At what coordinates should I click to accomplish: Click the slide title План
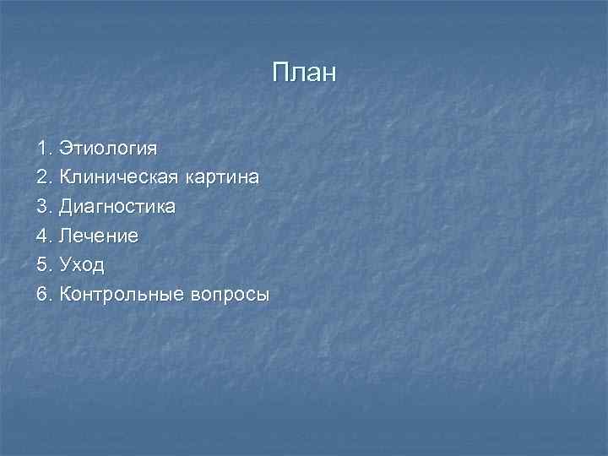[x=304, y=73]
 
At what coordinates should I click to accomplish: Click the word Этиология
[x=107, y=149]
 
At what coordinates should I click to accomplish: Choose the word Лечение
[x=99, y=236]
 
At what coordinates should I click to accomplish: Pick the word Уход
[x=82, y=266]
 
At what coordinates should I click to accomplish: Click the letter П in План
[x=280, y=73]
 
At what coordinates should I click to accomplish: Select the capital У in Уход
[x=65, y=265]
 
